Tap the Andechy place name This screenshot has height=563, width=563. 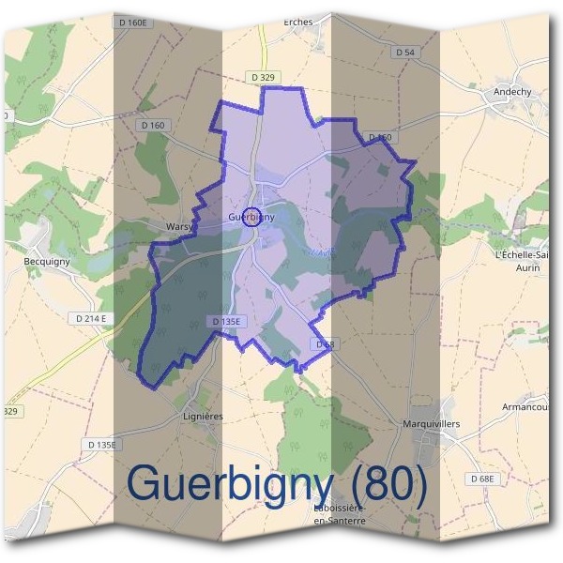pos(513,92)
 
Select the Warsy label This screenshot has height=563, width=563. pos(178,226)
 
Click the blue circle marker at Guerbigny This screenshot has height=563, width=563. pos(251,217)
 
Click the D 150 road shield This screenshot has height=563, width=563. pos(380,138)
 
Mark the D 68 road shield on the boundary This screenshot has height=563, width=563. pos(325,345)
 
